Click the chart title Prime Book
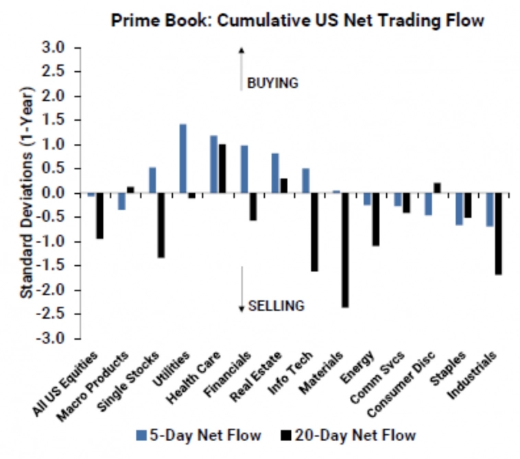296,21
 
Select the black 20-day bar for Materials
344,251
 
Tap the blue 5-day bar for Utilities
183,159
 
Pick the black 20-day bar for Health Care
222,169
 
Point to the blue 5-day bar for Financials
244,169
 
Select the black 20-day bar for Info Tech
314,232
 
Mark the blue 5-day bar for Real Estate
275,173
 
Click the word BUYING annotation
272,83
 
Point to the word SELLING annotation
276,306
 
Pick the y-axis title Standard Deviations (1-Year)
26,193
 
